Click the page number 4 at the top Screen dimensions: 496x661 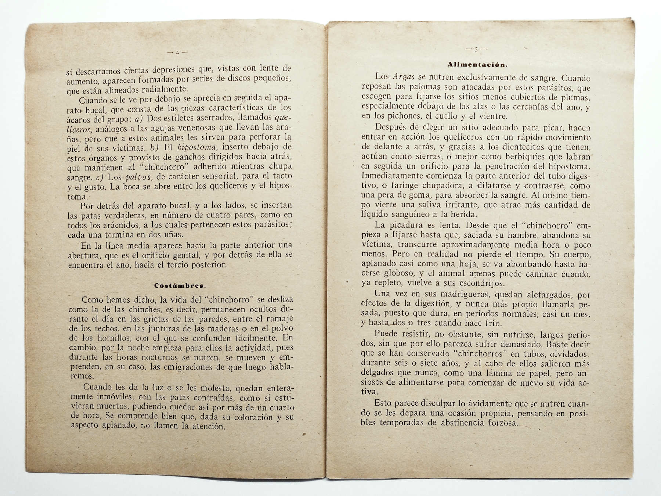(x=177, y=53)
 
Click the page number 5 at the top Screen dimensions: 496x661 (x=476, y=50)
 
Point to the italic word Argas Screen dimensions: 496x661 (x=403, y=77)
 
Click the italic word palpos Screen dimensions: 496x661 (x=139, y=177)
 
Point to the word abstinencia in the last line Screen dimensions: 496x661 (x=462, y=423)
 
